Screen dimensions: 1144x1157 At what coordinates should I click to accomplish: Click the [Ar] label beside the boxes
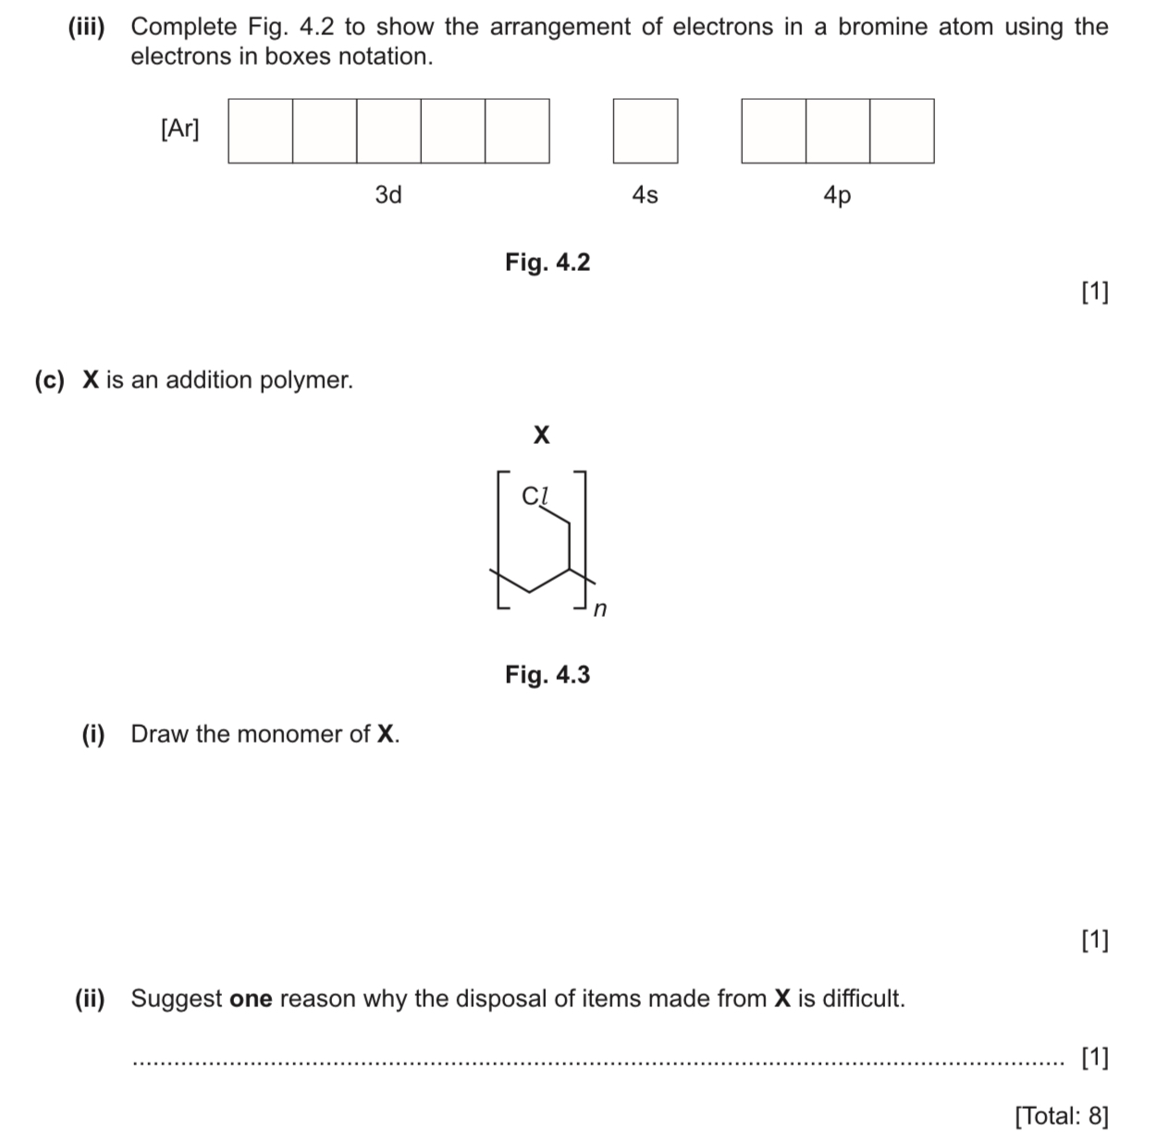click(x=179, y=129)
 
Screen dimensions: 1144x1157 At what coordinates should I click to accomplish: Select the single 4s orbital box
click(x=645, y=131)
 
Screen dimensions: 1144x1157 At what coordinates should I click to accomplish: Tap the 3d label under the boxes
click(x=388, y=195)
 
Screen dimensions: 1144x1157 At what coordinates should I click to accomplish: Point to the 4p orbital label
click(x=837, y=195)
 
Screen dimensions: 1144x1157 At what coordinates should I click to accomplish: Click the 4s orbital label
click(x=645, y=195)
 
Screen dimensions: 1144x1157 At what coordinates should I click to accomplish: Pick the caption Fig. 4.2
click(x=547, y=263)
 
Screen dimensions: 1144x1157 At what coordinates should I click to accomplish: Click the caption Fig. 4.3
click(x=547, y=675)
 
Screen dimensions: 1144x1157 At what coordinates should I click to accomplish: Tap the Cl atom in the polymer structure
click(x=535, y=497)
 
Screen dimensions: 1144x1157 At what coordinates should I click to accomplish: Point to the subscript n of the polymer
click(x=600, y=609)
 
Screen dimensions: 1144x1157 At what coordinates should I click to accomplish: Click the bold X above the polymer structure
click(x=542, y=434)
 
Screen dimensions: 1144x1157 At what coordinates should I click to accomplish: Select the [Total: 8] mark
click(x=1061, y=1115)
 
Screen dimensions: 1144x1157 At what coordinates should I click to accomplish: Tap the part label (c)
click(x=50, y=380)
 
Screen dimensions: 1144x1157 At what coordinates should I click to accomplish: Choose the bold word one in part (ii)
click(x=251, y=999)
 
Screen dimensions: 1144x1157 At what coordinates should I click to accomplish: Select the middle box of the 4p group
click(x=837, y=131)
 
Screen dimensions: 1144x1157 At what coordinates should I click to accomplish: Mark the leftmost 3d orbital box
click(x=261, y=131)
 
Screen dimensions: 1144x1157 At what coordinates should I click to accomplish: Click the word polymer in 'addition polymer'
click(x=305, y=380)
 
